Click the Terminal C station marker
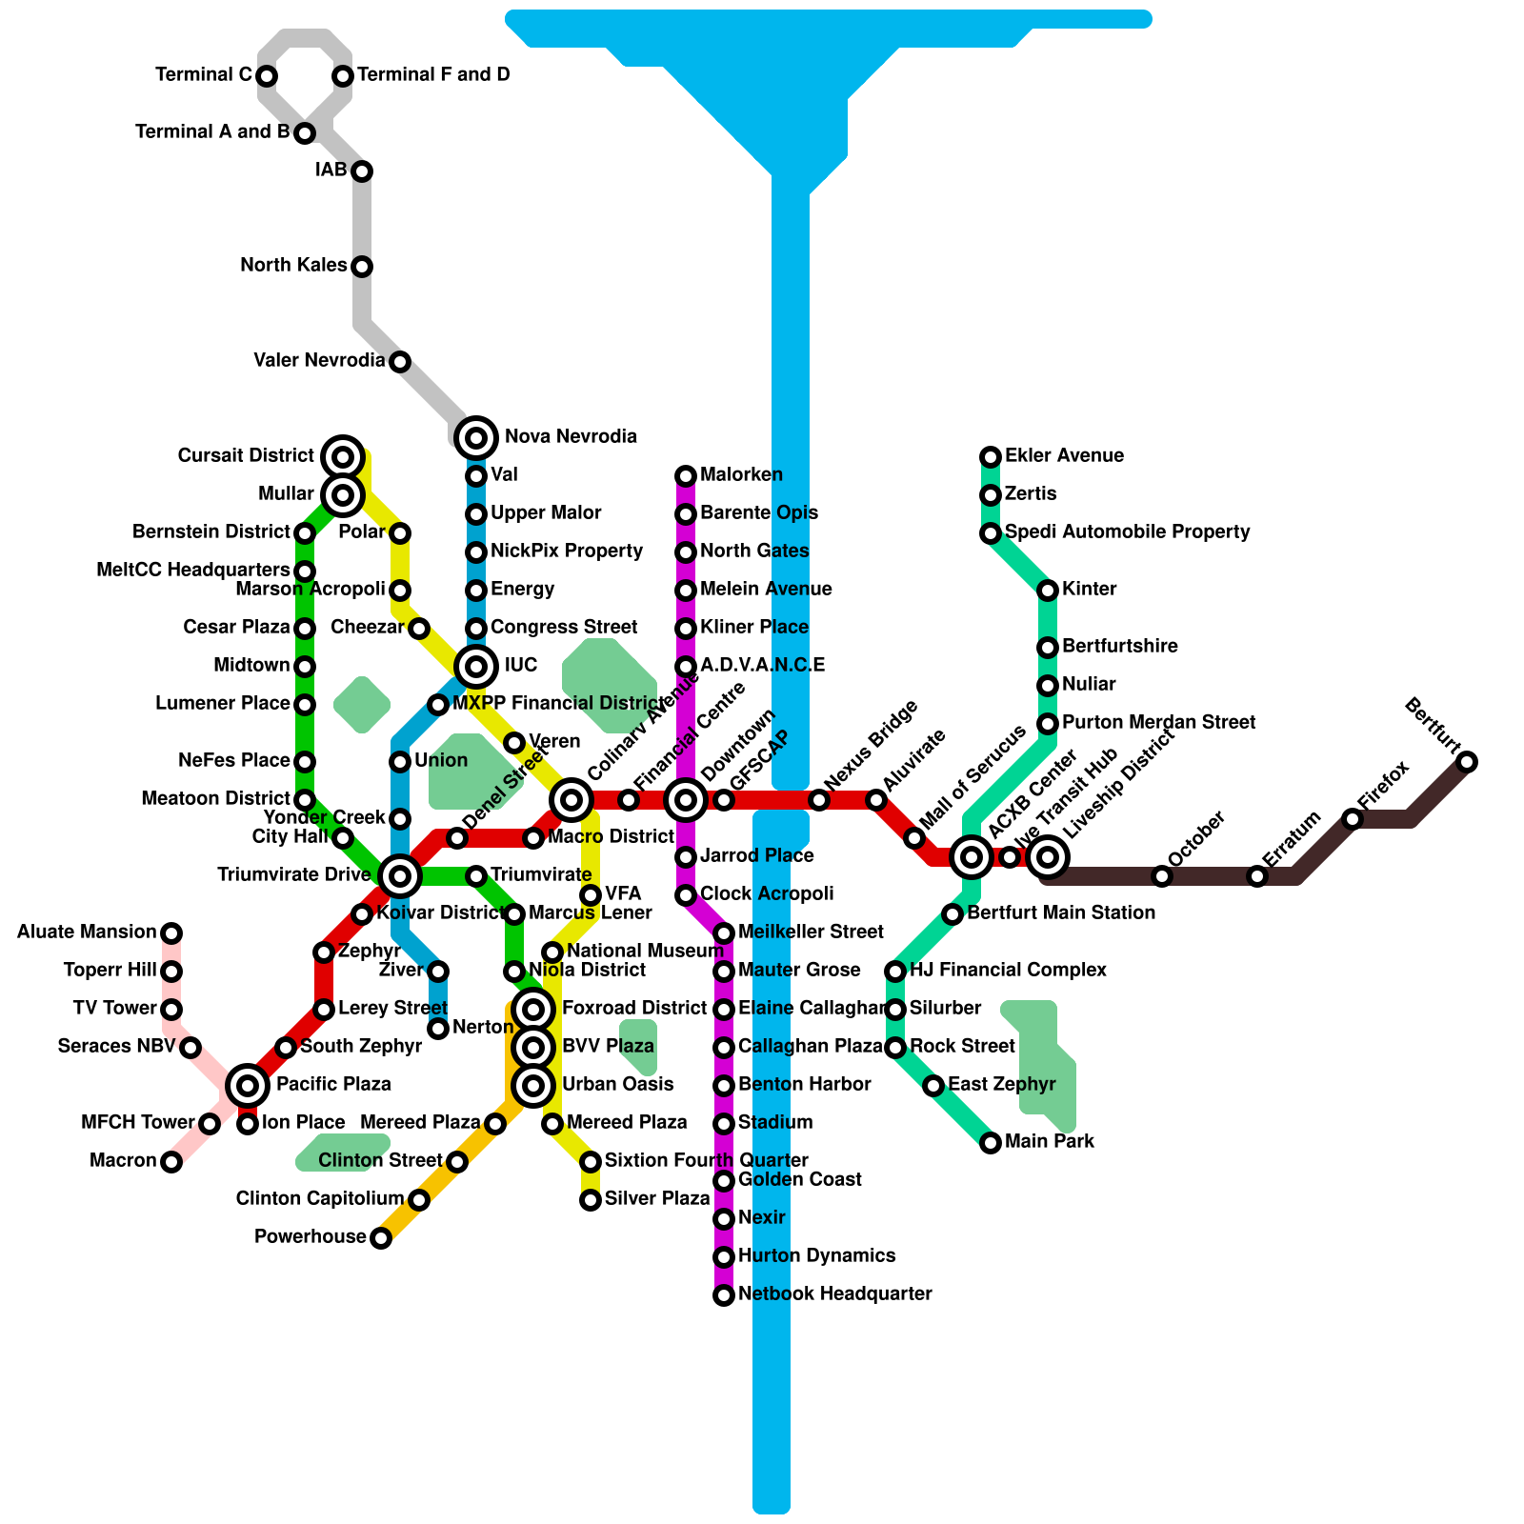click(267, 75)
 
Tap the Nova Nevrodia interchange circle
click(476, 438)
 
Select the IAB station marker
click(362, 171)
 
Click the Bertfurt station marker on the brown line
click(1467, 762)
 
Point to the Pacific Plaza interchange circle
click(248, 1085)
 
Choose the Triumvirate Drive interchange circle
click(400, 875)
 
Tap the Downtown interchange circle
click(686, 800)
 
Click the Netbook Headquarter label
click(834, 1294)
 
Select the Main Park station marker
click(991, 1143)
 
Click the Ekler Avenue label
click(1064, 456)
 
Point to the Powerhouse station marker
click(381, 1238)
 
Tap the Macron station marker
click(171, 1162)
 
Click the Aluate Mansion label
click(87, 932)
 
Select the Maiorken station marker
click(686, 476)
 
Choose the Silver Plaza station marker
click(591, 1200)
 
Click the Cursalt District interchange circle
click(343, 457)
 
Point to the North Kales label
click(293, 266)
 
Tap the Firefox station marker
click(1353, 819)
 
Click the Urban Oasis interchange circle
click(533, 1085)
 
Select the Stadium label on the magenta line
click(775, 1123)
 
